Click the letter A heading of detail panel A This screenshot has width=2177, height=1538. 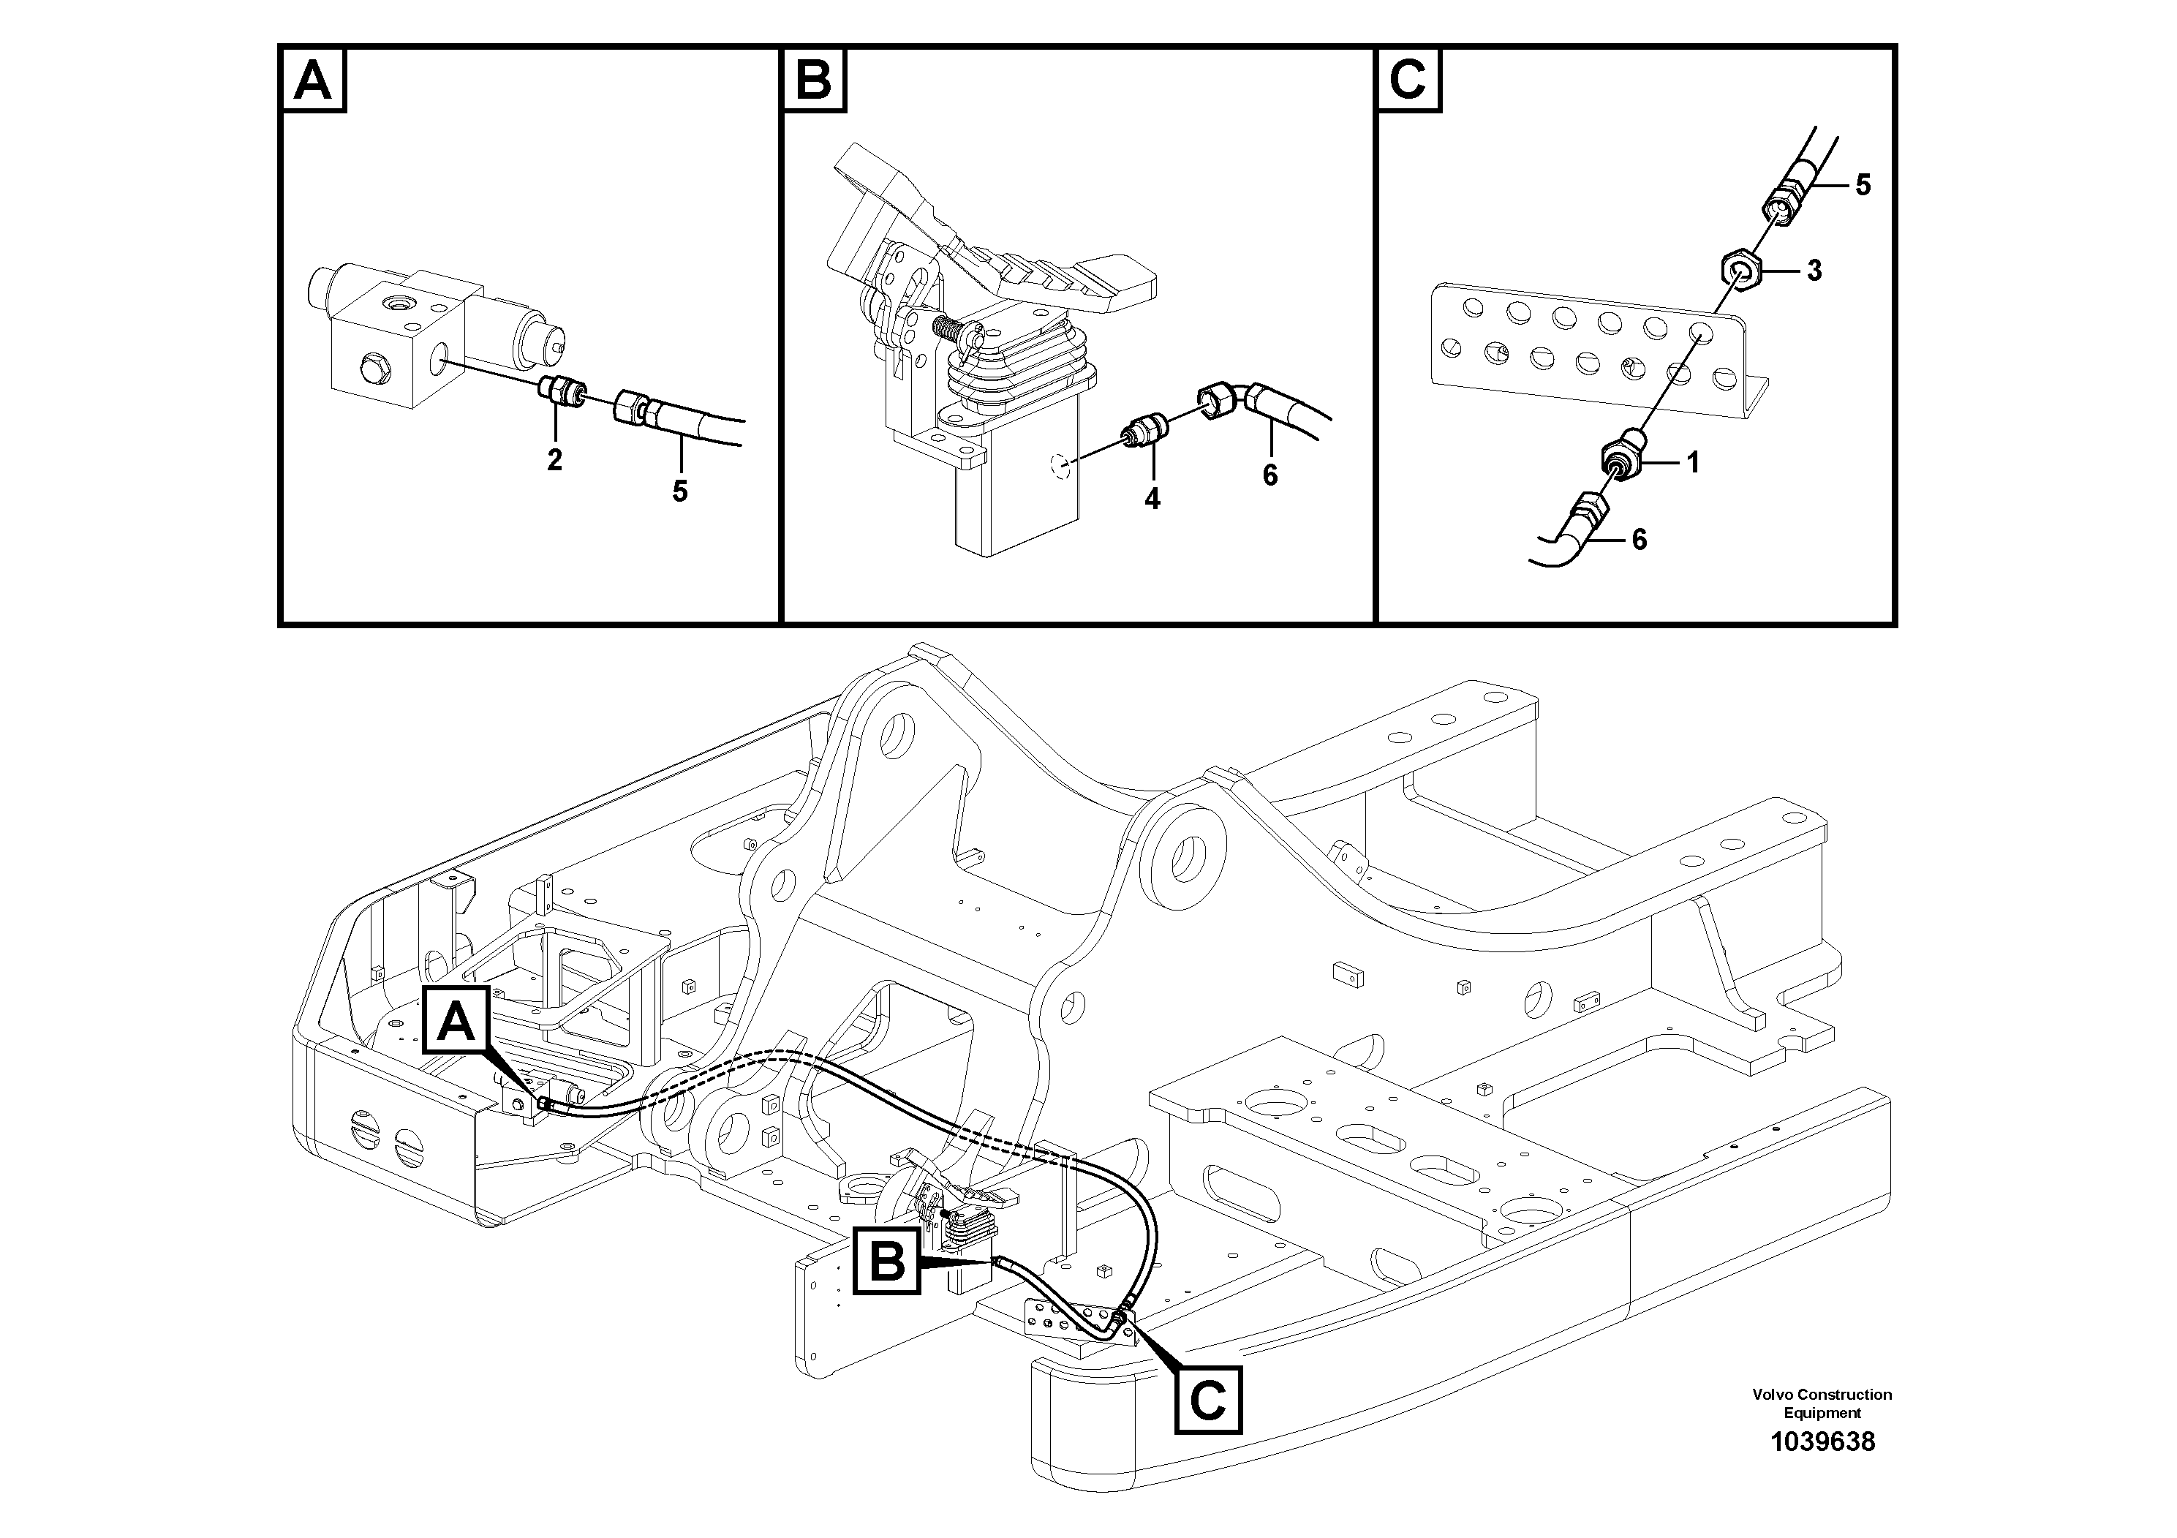[x=313, y=80]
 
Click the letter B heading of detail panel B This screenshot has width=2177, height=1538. [x=813, y=80]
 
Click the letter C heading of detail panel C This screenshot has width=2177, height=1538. [x=1408, y=80]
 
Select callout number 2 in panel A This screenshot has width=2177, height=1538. [x=555, y=460]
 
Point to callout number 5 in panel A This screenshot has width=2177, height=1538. [x=680, y=491]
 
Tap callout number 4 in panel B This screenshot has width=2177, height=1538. [x=1152, y=499]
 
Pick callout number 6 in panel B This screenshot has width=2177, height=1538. [x=1269, y=475]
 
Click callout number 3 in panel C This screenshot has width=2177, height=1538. [x=1814, y=271]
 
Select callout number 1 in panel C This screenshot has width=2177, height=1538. [x=1692, y=463]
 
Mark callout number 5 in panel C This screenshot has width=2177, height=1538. [x=1863, y=185]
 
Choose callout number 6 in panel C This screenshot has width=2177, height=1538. [x=1640, y=540]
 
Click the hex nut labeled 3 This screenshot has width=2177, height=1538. [x=1741, y=271]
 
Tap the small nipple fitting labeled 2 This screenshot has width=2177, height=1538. [x=562, y=390]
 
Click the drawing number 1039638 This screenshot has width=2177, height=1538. [x=1822, y=1442]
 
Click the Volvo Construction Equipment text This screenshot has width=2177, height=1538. [x=1822, y=1403]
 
